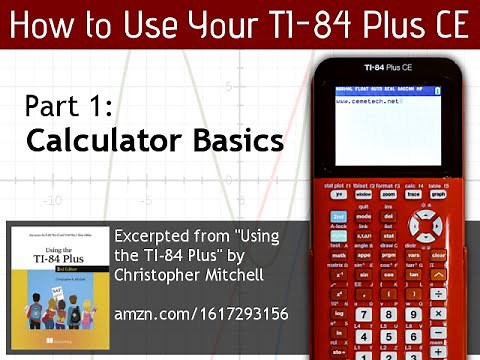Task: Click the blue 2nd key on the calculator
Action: click(338, 216)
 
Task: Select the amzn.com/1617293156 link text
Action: click(201, 314)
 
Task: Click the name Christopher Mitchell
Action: click(190, 274)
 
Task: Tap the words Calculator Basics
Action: click(155, 141)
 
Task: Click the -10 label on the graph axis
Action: click(50, 199)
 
